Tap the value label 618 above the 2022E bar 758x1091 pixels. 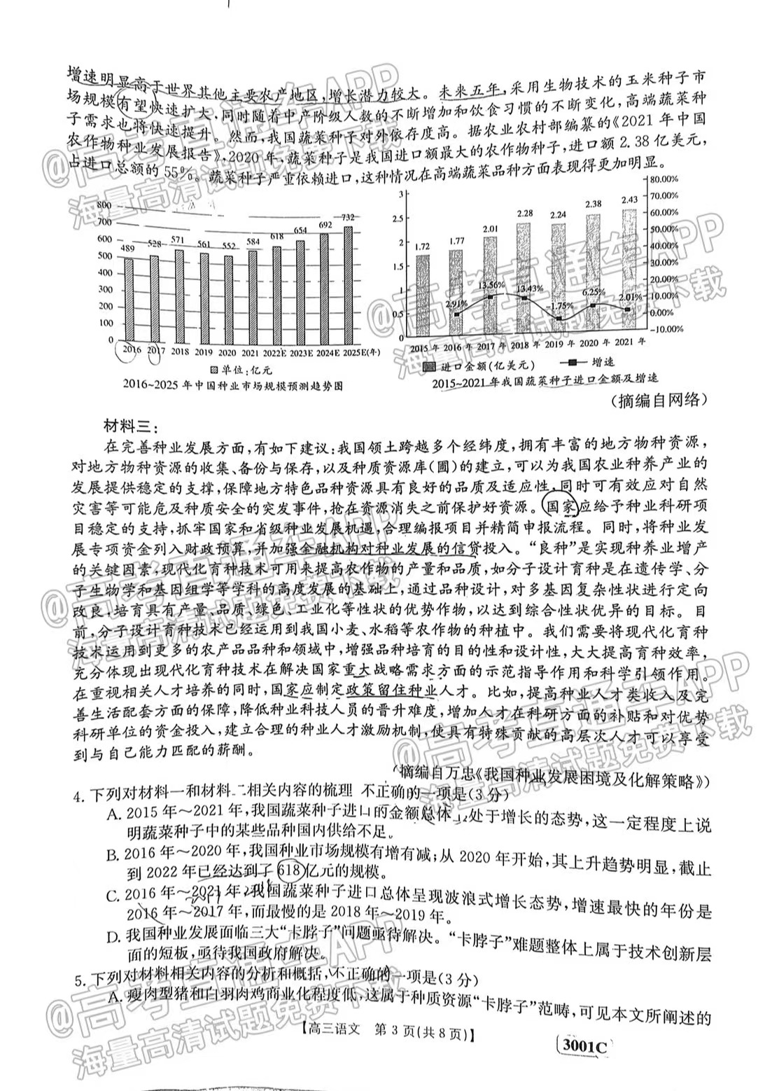pyautogui.click(x=277, y=237)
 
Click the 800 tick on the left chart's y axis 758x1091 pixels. pyautogui.click(x=105, y=204)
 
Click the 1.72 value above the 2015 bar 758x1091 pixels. pyautogui.click(x=421, y=247)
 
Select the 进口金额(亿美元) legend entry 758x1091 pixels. pyautogui.click(x=479, y=366)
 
